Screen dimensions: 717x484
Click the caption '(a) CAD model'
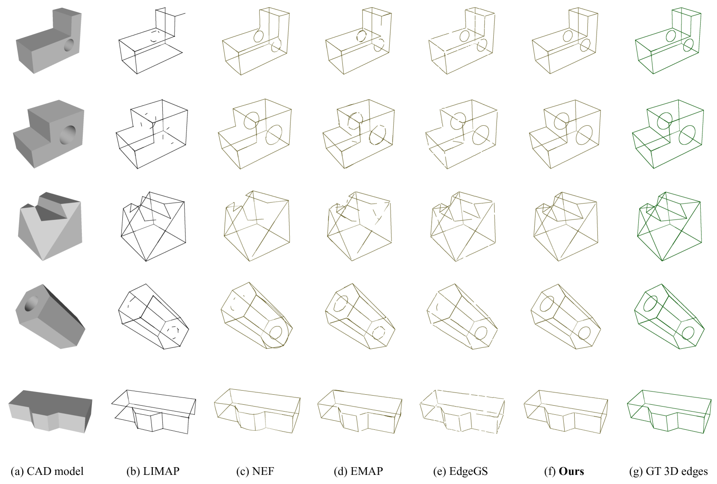point(47,471)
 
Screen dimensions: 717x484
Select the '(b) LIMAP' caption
point(153,471)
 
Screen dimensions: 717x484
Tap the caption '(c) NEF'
point(255,471)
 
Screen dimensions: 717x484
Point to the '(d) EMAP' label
point(358,471)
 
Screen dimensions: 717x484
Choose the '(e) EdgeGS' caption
point(461,471)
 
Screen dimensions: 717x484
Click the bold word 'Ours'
point(572,471)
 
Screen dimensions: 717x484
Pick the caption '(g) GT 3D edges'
point(668,471)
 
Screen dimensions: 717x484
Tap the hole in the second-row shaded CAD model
point(68,135)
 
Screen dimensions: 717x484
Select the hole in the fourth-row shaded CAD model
point(31,304)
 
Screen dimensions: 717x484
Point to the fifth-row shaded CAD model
point(50,411)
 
